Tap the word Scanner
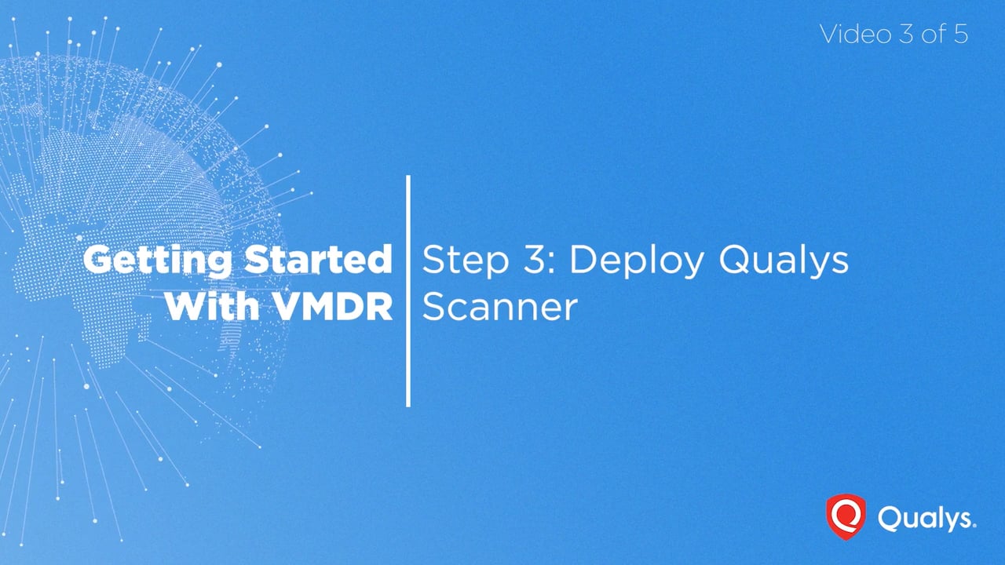coord(500,307)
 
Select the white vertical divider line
coord(408,291)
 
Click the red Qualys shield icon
coord(846,517)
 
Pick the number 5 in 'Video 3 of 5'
coord(960,34)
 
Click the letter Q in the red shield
coord(846,515)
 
